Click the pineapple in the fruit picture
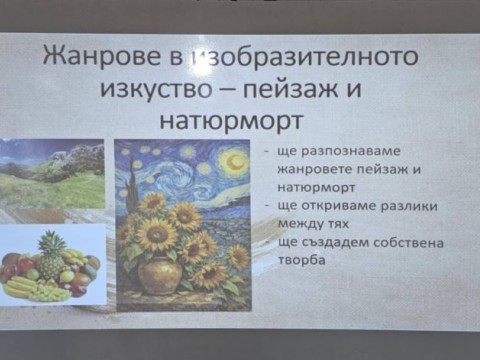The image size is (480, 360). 49,254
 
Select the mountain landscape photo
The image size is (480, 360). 51,175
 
